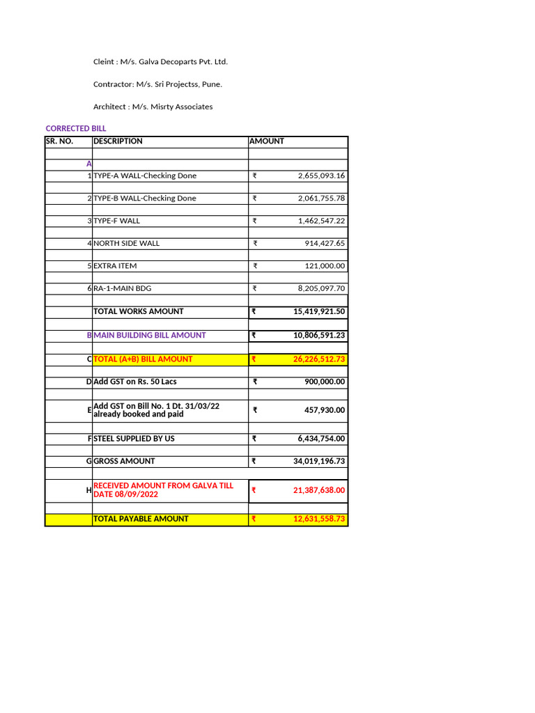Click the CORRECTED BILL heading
point(76,129)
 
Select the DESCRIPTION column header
point(118,141)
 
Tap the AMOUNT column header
point(267,141)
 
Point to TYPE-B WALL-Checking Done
point(145,198)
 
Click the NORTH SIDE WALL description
point(126,244)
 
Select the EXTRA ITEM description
point(115,266)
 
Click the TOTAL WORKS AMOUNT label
point(139,311)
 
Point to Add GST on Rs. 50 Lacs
point(135,382)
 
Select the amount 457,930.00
point(325,410)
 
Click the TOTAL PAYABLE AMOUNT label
point(141,519)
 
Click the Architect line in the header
point(153,107)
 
